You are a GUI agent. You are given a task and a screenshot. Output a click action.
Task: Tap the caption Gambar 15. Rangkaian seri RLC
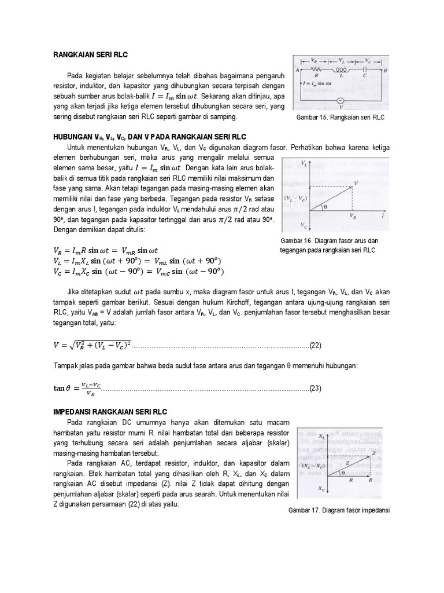339,118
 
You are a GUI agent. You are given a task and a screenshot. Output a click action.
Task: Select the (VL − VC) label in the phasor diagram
295,198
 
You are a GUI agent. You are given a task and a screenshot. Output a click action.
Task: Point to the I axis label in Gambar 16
384,215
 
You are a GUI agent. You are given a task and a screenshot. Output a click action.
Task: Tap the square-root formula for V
92,346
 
